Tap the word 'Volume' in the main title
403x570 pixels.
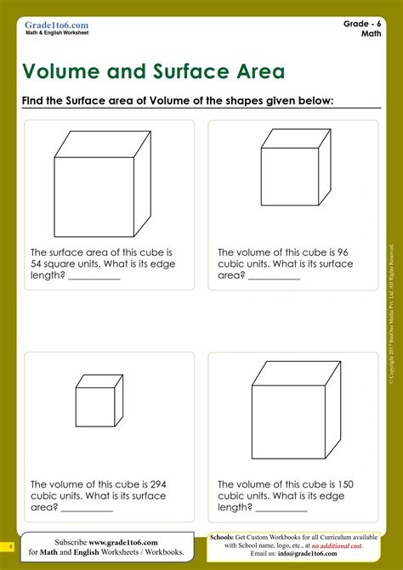(x=65, y=71)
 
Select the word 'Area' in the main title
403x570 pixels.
(x=255, y=71)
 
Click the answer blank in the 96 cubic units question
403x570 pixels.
(x=274, y=277)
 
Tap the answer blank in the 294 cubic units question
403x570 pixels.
(x=87, y=509)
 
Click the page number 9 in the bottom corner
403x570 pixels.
(x=11, y=546)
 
